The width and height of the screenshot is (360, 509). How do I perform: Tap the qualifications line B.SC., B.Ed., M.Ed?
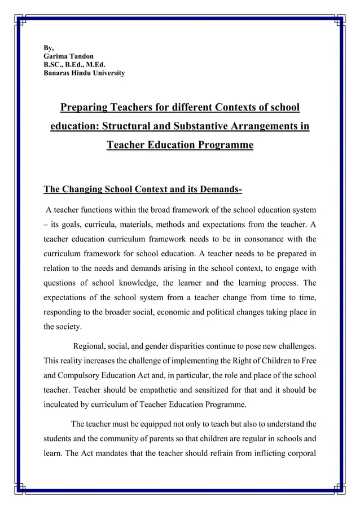(x=71, y=64)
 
